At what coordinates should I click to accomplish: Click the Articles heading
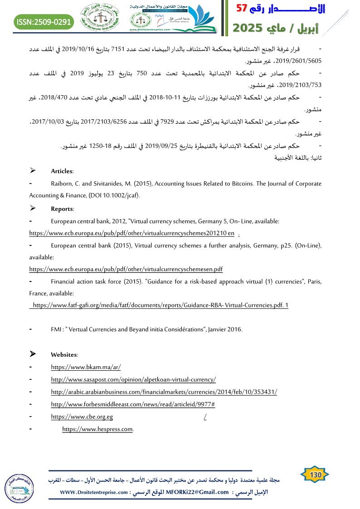tap(62, 171)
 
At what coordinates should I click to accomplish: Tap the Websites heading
tap(64, 354)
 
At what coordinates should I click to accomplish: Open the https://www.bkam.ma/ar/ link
tap(86, 367)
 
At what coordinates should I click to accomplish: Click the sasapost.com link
tap(133, 379)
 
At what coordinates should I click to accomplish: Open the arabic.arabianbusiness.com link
tap(164, 392)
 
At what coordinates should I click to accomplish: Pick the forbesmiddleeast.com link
tap(133, 404)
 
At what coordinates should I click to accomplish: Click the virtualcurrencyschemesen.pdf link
tap(126, 269)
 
